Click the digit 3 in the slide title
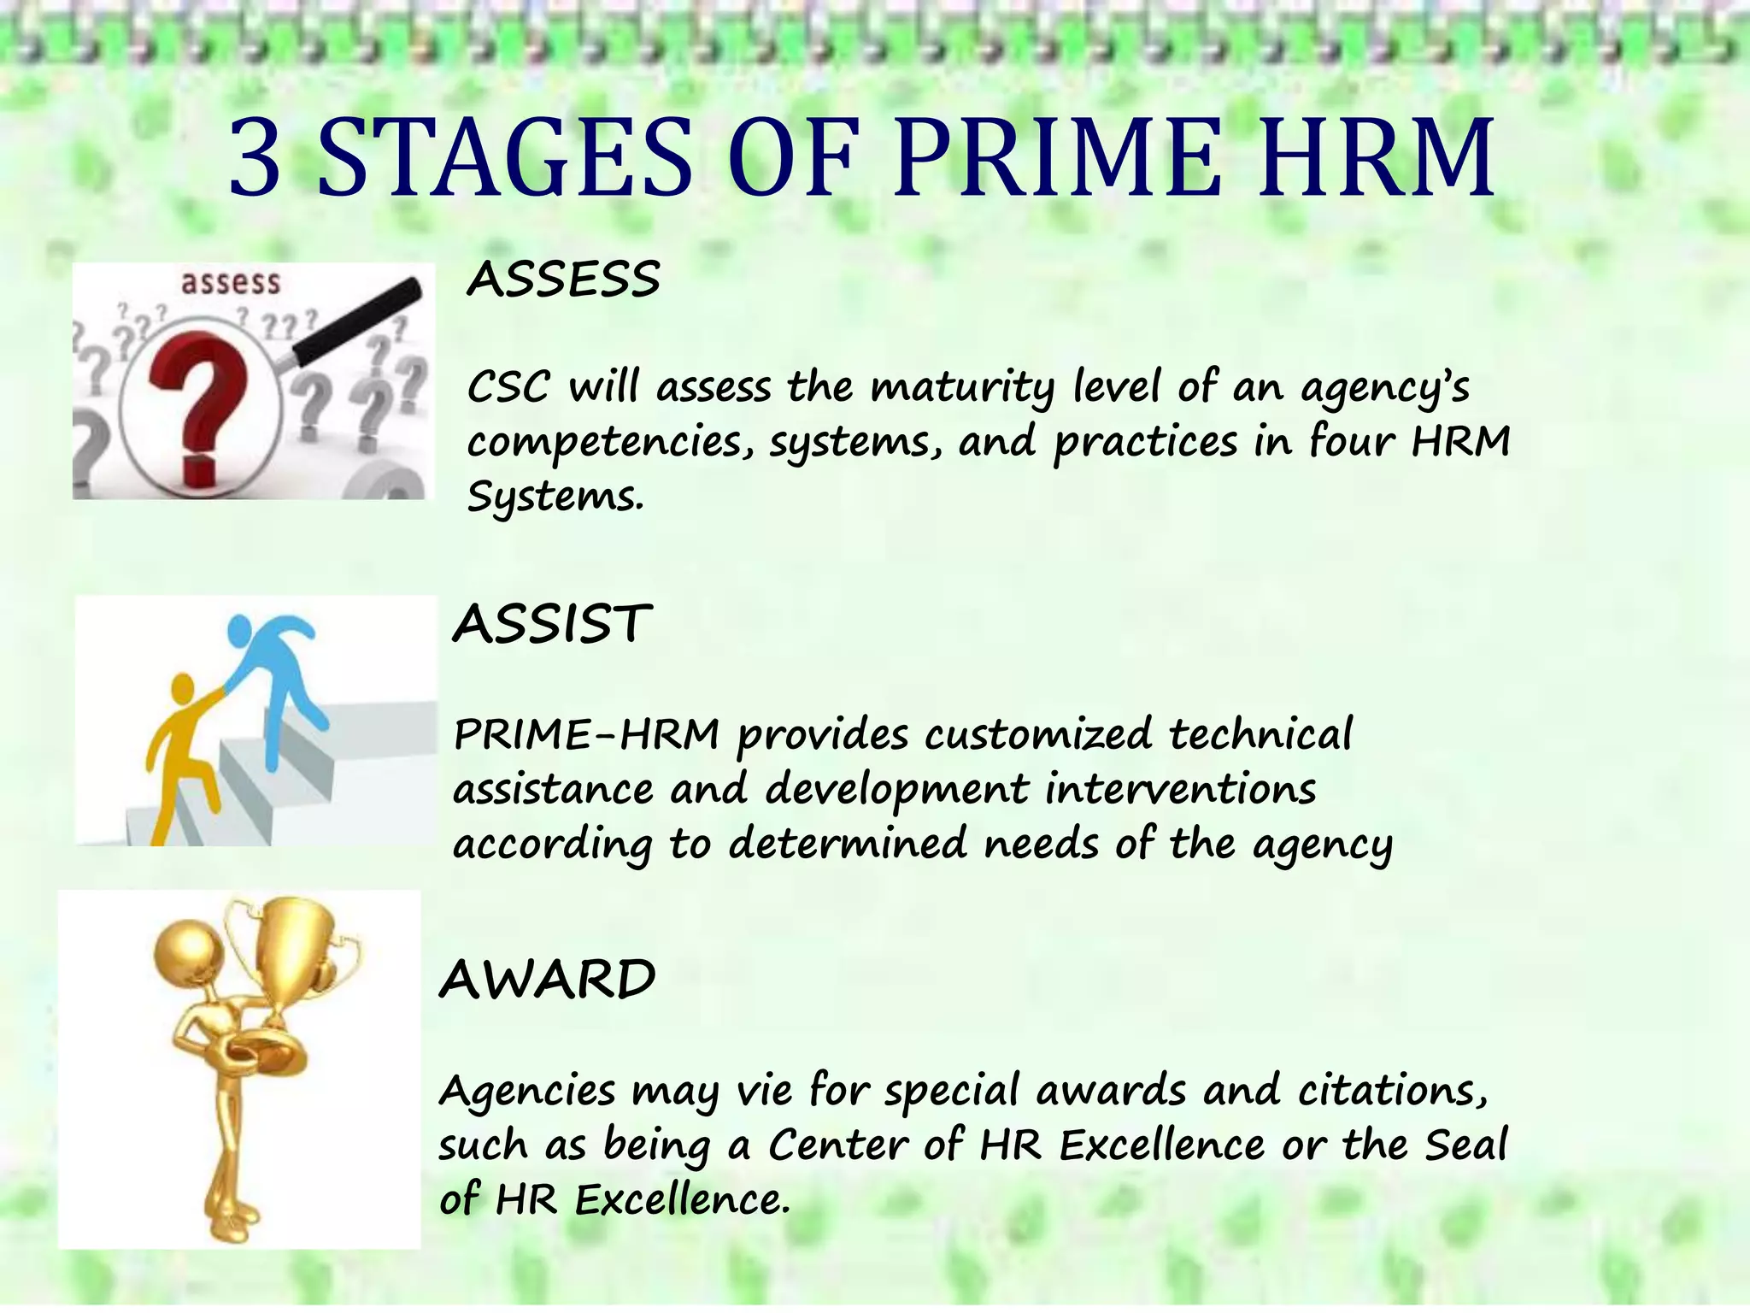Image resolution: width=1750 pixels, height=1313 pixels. coord(255,159)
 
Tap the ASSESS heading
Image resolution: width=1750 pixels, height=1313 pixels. coord(564,280)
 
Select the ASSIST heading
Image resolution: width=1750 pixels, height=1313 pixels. coord(552,623)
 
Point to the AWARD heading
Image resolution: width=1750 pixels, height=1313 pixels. coord(547,979)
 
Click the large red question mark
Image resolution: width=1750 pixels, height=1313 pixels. coord(200,402)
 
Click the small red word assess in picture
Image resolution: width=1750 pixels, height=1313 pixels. coord(230,282)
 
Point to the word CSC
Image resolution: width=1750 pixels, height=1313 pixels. coord(508,388)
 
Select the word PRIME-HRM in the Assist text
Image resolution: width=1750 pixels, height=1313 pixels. coord(586,735)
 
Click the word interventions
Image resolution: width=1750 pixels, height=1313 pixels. coord(1180,789)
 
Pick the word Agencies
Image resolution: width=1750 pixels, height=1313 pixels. coord(527,1092)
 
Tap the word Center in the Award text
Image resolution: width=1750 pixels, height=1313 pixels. coord(836,1145)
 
